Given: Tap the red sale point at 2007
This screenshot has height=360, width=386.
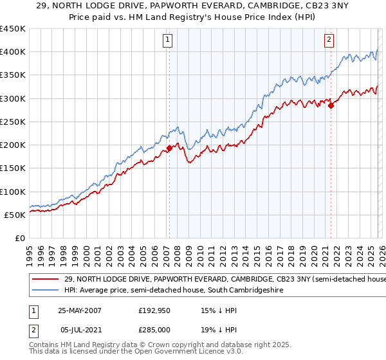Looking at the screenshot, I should [169, 148].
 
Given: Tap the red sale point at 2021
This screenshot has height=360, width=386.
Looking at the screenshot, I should [331, 105].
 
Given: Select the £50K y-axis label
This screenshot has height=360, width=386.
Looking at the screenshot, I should [15, 215].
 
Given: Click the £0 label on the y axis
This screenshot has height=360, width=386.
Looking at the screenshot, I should [20, 238].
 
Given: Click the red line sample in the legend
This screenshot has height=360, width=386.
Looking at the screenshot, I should [46, 279].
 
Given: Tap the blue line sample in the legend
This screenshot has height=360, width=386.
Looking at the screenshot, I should [46, 291].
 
